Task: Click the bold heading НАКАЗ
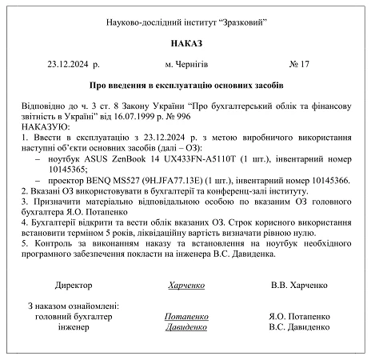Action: pyautogui.click(x=185, y=42)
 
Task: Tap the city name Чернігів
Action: pyautogui.click(x=189, y=62)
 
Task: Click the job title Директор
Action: pyautogui.click(x=74, y=285)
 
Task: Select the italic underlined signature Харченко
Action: pyautogui.click(x=185, y=285)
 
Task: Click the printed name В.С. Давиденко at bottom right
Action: pyautogui.click(x=299, y=326)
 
